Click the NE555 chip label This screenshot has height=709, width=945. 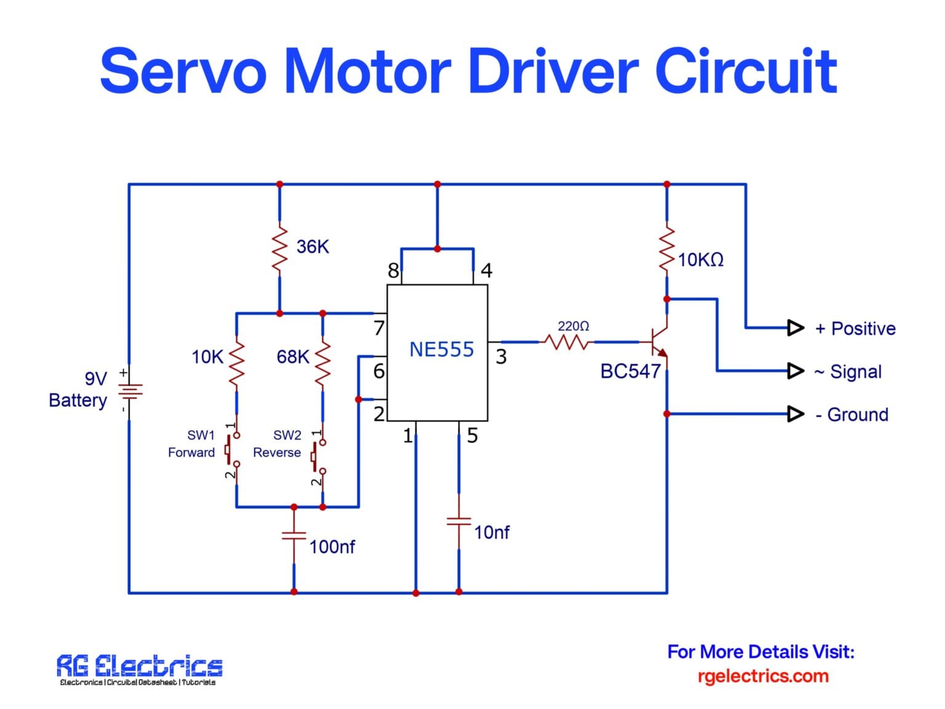441,350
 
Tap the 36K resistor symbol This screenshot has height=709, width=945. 280,249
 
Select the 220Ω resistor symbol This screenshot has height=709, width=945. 567,342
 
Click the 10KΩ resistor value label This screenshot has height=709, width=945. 700,260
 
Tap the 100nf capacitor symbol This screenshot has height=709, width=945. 294,535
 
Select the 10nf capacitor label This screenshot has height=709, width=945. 491,532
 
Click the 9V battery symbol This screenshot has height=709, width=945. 129,391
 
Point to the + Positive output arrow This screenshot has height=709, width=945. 795,327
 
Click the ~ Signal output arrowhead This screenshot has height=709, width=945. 795,371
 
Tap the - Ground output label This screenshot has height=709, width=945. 851,415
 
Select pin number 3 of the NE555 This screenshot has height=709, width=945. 501,357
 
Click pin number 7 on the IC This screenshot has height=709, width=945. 379,328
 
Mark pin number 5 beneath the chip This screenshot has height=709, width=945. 472,436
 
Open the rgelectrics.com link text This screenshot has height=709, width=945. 762,676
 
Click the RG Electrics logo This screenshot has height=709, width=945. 139,669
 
